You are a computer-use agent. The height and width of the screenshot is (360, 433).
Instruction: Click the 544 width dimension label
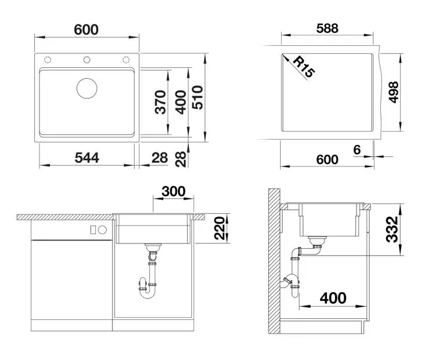click(x=87, y=158)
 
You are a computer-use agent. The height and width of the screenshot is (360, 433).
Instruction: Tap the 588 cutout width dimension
click(x=328, y=28)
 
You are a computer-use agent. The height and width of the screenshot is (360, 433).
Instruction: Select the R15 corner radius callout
click(x=304, y=67)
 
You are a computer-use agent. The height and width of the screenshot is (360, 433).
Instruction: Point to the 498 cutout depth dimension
click(x=393, y=92)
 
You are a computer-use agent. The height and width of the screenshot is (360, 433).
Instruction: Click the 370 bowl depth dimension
click(x=161, y=102)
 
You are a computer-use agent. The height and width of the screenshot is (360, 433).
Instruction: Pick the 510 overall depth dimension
click(x=198, y=97)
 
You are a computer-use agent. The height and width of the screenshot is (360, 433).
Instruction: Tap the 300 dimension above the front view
click(x=173, y=191)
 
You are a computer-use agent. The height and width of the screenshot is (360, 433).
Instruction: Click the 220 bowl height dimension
click(x=220, y=228)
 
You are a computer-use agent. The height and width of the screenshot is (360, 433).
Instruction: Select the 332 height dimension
click(x=392, y=230)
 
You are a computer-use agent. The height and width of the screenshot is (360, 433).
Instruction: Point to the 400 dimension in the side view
click(x=333, y=298)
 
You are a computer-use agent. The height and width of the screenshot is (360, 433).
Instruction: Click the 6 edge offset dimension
click(x=357, y=150)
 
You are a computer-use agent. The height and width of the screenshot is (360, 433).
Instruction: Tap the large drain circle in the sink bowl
click(x=87, y=88)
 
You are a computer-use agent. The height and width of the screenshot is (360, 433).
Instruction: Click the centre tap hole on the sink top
click(x=87, y=60)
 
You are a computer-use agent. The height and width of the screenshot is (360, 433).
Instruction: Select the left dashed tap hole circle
click(x=48, y=60)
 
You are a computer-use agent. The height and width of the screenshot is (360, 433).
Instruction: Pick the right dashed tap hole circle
click(x=126, y=60)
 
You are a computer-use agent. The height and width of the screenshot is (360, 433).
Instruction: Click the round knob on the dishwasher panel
click(x=103, y=230)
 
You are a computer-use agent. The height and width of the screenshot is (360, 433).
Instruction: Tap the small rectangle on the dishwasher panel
click(x=93, y=230)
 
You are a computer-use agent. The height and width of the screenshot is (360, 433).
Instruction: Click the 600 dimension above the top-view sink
click(x=86, y=30)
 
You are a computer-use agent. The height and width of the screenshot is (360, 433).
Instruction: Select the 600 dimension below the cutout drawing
click(x=328, y=159)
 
